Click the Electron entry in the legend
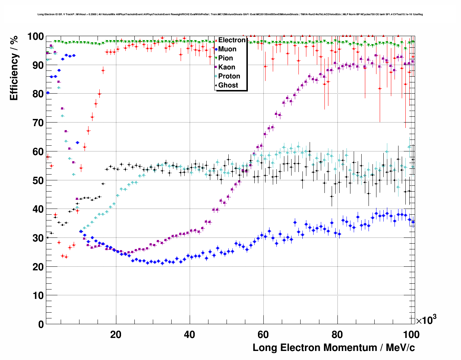(232, 40)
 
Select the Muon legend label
(227, 49)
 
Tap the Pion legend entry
(225, 58)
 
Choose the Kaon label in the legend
(227, 67)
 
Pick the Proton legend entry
(229, 76)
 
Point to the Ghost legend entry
(228, 85)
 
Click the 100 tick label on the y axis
(35, 37)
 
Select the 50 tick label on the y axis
(38, 180)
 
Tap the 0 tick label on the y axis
(41, 324)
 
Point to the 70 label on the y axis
(38, 123)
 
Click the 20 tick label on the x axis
(116, 335)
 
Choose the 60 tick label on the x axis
(263, 335)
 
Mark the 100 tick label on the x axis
(411, 335)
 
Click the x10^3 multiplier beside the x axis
(426, 320)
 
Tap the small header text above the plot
(230, 14)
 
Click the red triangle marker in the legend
(216, 40)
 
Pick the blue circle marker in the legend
(216, 49)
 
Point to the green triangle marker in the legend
(216, 58)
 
